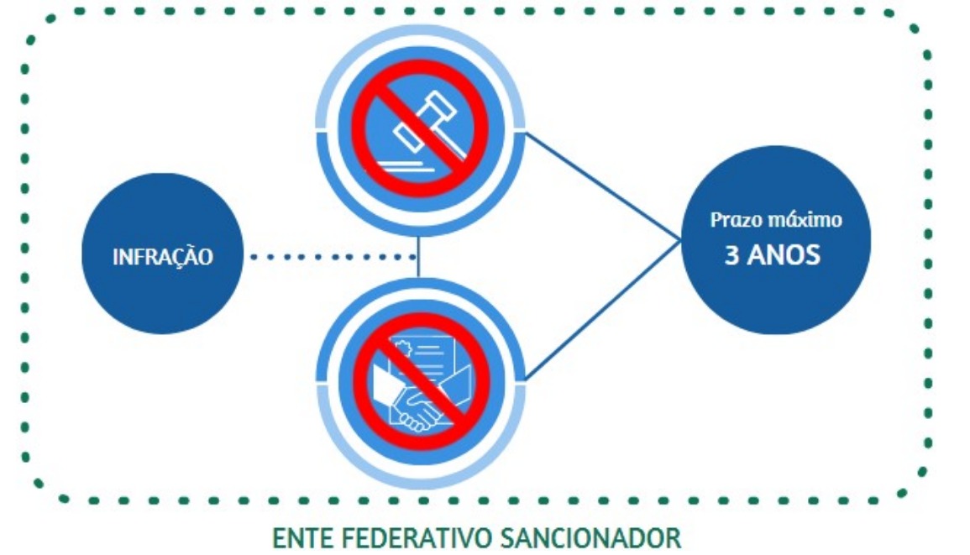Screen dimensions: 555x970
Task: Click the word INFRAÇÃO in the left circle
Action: tap(163, 257)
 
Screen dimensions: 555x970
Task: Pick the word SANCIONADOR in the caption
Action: tap(586, 537)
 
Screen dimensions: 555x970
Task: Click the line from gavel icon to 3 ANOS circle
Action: tap(600, 185)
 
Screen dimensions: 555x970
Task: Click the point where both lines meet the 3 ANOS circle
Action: tap(680, 241)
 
